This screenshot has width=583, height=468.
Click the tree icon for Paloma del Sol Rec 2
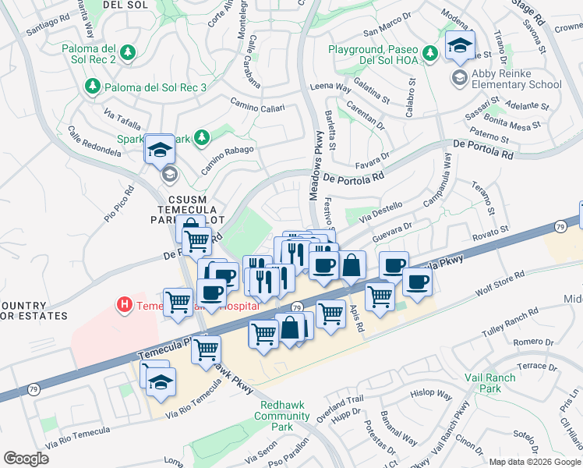pyautogui.click(x=129, y=53)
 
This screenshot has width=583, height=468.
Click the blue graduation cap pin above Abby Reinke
pyautogui.click(x=460, y=46)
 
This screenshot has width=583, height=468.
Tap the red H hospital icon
pyautogui.click(x=122, y=304)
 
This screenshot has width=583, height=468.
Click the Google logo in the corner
pyautogui.click(x=26, y=458)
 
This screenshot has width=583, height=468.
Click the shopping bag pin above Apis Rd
pyautogui.click(x=352, y=266)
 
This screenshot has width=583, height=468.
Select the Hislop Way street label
pyautogui.click(x=432, y=395)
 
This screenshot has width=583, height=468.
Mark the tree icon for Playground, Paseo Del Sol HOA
pyautogui.click(x=429, y=54)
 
